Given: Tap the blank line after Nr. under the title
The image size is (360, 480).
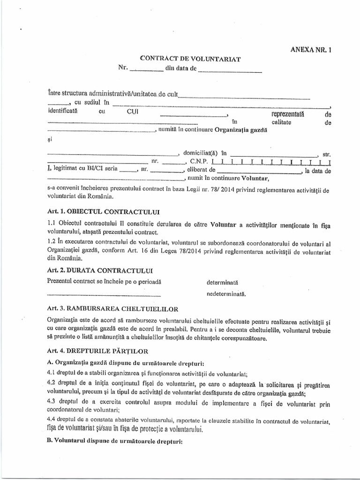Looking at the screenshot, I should pyautogui.click(x=146, y=72).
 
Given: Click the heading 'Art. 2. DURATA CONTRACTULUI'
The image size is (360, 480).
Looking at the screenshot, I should pyautogui.click(x=100, y=270).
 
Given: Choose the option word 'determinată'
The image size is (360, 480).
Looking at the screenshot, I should pyautogui.click(x=223, y=283).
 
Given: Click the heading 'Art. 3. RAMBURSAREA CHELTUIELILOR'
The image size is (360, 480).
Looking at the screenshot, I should pyautogui.click(x=112, y=310).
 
